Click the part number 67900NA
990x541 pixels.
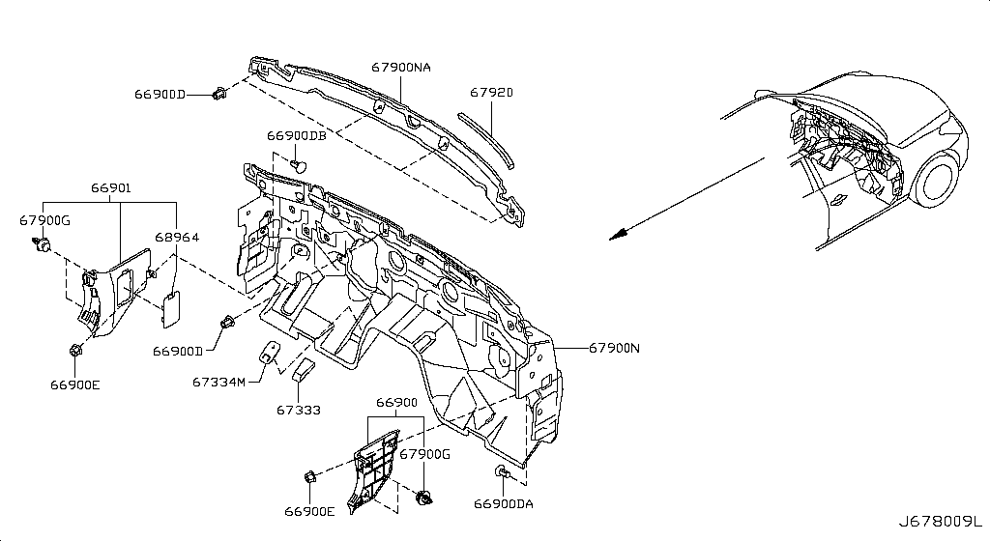tap(401, 67)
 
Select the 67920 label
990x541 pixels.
tap(491, 93)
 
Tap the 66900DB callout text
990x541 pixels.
tap(297, 135)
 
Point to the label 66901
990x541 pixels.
tap(110, 187)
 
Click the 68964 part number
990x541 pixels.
tap(177, 237)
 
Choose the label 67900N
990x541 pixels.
tap(614, 348)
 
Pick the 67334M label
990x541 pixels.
tap(218, 383)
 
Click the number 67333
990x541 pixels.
tap(299, 410)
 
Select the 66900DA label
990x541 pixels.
tap(503, 503)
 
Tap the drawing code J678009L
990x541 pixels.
tap(941, 522)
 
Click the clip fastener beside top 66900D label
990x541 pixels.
tap(219, 95)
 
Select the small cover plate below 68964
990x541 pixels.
tap(171, 309)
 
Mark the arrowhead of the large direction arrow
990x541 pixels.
tap(619, 234)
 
